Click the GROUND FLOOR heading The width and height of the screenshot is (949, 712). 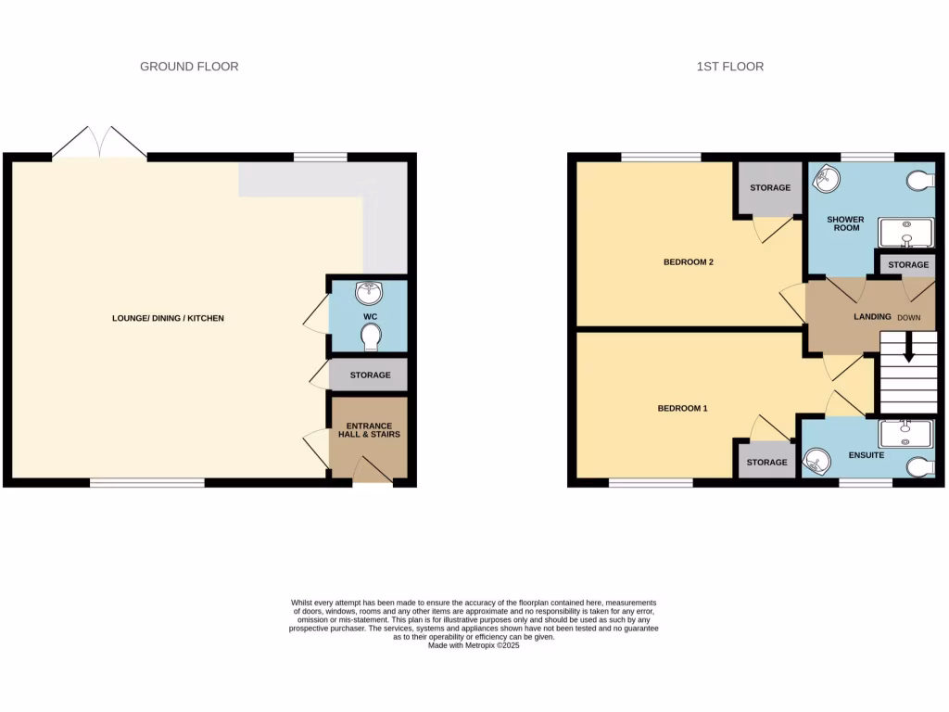point(189,66)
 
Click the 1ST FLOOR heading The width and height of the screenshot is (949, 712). point(729,66)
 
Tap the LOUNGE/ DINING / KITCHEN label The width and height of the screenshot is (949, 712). point(168,318)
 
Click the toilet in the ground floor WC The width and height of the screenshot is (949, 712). point(370,341)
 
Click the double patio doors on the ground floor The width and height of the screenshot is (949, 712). point(99,144)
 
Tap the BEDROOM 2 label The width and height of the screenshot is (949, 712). point(688,261)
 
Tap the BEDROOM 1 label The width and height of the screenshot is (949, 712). point(682,408)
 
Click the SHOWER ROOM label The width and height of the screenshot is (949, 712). point(845,224)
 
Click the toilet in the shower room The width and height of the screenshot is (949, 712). point(920,180)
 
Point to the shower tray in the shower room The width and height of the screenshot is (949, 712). point(905,234)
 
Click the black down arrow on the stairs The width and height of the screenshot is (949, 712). point(908,350)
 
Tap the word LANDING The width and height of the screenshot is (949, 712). point(872,317)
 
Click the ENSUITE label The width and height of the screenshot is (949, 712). point(866,456)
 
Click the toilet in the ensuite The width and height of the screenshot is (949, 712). point(922,467)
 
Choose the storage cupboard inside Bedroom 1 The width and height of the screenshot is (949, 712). point(766,462)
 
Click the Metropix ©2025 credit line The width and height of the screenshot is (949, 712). point(474,645)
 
